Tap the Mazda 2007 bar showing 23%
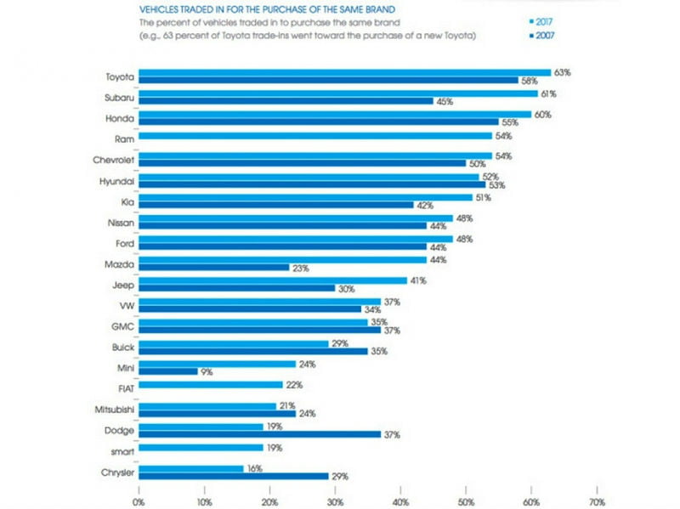(x=212, y=267)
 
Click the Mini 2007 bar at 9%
(x=167, y=371)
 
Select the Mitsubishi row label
(x=111, y=409)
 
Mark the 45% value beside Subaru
(x=444, y=101)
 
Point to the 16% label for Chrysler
(x=252, y=467)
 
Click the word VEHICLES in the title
(x=161, y=7)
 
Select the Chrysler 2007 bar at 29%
(x=234, y=475)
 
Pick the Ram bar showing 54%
(x=314, y=135)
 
